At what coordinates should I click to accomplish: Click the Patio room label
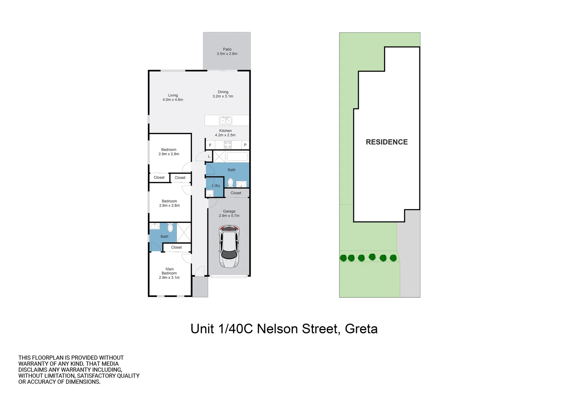tap(227, 49)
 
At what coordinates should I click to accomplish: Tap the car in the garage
tap(229, 247)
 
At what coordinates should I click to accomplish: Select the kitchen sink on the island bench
tap(226, 120)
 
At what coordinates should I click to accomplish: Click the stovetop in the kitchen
tap(227, 145)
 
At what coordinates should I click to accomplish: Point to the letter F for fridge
tap(210, 145)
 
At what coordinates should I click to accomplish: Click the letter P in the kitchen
tap(245, 145)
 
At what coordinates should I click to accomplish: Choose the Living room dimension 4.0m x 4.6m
tap(173, 100)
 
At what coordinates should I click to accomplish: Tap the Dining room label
tap(223, 92)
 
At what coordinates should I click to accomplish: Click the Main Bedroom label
tap(170, 271)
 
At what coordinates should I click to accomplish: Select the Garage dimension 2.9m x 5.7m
tap(229, 216)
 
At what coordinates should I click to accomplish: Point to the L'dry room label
tap(216, 186)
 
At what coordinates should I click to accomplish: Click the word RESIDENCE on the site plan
tap(387, 142)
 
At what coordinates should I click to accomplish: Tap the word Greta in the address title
tap(361, 329)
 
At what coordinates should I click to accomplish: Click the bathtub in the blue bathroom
tap(237, 156)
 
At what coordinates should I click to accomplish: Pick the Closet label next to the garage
tap(236, 193)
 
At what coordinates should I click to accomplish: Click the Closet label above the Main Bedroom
tap(177, 247)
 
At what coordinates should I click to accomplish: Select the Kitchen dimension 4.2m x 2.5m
tap(225, 135)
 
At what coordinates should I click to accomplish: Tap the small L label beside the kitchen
tap(209, 156)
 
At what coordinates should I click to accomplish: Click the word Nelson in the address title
tap(277, 329)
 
